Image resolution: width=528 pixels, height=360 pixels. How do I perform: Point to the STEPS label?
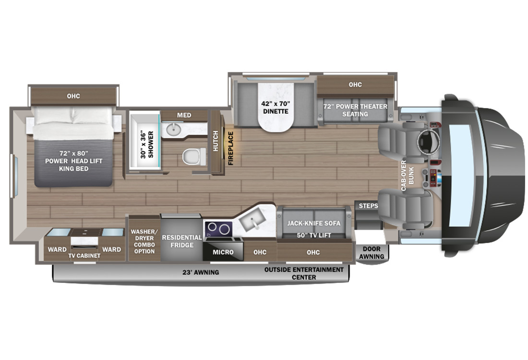pyautogui.click(x=368, y=206)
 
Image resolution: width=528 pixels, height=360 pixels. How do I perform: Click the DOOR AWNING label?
pyautogui.click(x=373, y=252)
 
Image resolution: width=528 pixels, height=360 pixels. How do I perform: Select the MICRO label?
pyautogui.click(x=223, y=252)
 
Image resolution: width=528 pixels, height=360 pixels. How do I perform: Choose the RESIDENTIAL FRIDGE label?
pyautogui.click(x=181, y=241)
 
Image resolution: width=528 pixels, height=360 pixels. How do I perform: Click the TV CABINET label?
pyautogui.click(x=84, y=256)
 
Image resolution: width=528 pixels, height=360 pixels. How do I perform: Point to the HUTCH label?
pyautogui.click(x=216, y=142)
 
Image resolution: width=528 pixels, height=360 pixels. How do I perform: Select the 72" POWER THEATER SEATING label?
pyautogui.click(x=355, y=110)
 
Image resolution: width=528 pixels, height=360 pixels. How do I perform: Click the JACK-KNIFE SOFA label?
pyautogui.click(x=314, y=223)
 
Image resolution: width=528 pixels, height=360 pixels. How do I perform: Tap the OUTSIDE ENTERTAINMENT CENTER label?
pyautogui.click(x=304, y=273)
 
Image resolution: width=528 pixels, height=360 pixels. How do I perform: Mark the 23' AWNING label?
pyautogui.click(x=201, y=273)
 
